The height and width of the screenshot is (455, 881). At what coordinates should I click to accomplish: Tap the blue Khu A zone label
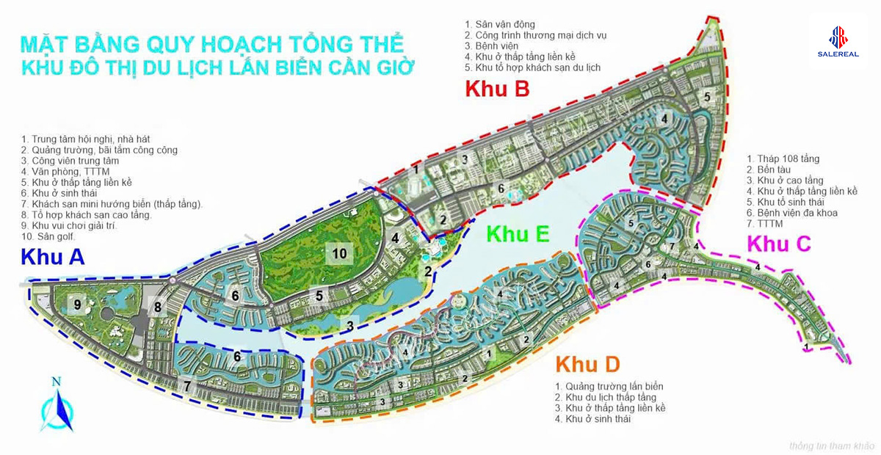point(53,257)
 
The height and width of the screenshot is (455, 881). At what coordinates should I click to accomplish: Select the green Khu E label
point(518,234)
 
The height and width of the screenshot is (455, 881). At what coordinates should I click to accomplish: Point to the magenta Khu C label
point(778,243)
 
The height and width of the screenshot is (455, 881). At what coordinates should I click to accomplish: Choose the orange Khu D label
point(587,363)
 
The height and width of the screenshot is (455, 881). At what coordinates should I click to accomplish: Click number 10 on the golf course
point(339,252)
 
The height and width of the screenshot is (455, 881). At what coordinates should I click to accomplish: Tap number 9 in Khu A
point(76,304)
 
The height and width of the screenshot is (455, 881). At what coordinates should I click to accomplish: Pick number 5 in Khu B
point(707,96)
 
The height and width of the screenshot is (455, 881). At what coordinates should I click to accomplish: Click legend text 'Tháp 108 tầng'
point(783,159)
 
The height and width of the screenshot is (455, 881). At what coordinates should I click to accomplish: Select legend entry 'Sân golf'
point(49,236)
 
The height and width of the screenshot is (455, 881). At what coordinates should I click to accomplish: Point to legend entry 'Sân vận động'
point(499,24)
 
